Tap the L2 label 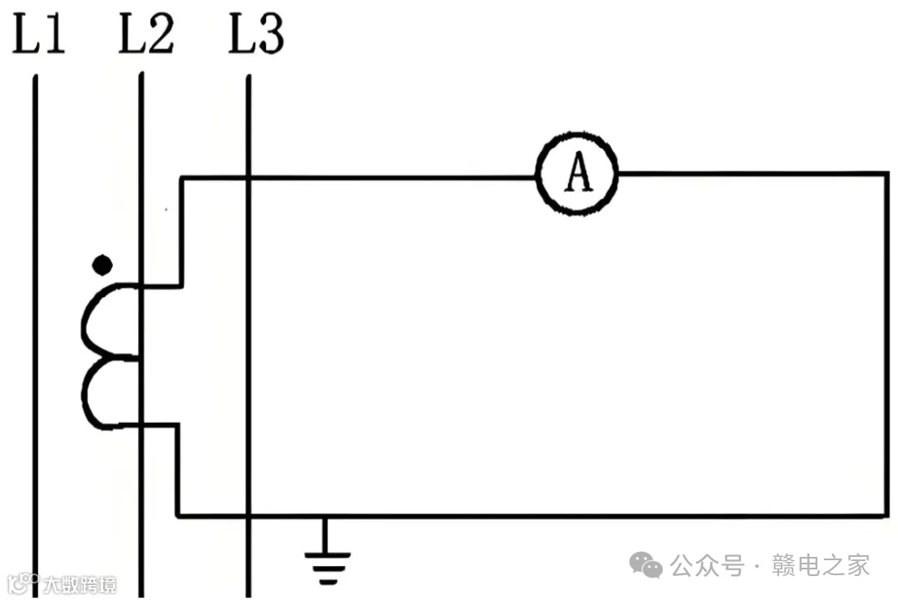[146, 35]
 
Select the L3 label [256, 35]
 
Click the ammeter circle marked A [577, 174]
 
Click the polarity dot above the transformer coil [101, 266]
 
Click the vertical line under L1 [35, 333]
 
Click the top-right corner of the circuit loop [886, 175]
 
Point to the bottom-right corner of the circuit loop [886, 515]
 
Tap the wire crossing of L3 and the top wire [249, 176]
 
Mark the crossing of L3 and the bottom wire [249, 516]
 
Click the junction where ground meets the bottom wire [325, 517]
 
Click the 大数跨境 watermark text [80, 584]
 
